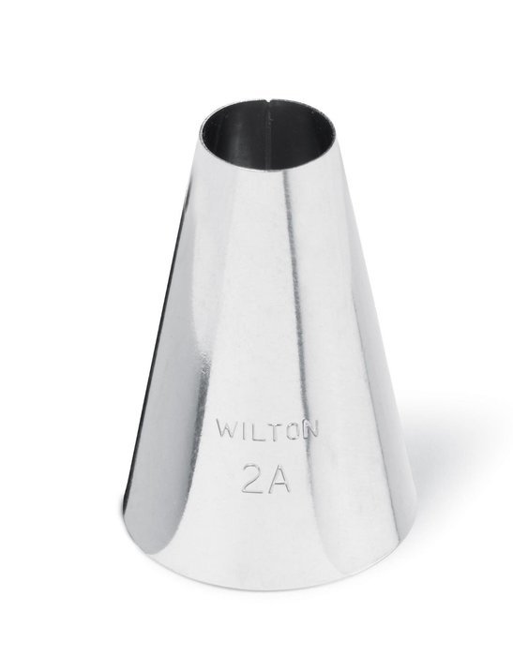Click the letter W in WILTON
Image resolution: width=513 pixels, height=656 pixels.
point(225,429)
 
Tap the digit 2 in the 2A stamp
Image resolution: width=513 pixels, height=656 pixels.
point(253,477)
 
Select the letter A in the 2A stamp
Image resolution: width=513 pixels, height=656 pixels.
point(279,477)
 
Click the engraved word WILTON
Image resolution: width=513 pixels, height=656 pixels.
point(267,429)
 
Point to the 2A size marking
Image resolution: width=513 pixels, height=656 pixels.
point(266,477)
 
